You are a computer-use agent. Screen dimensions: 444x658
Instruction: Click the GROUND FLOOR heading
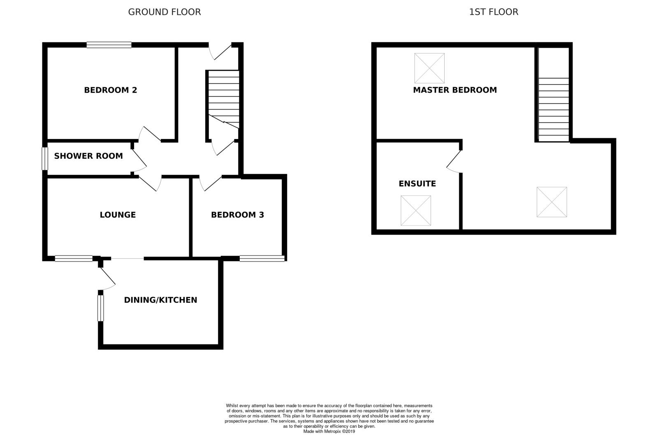tap(164, 12)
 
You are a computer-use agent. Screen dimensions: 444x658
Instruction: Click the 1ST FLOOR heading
tap(493, 12)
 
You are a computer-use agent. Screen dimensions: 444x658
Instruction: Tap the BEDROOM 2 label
tap(110, 90)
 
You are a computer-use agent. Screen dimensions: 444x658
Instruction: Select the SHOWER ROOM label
tap(88, 156)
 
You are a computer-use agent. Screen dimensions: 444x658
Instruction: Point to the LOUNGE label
tap(118, 215)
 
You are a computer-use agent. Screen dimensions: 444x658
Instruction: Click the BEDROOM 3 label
tap(237, 215)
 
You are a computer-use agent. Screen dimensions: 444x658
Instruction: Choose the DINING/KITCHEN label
tap(160, 300)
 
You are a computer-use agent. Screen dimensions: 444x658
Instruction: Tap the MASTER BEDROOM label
tap(455, 90)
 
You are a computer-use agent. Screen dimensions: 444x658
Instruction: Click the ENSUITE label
tap(417, 184)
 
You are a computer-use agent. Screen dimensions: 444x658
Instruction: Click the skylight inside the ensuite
tap(416, 211)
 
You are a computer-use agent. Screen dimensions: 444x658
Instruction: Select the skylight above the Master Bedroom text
tap(429, 68)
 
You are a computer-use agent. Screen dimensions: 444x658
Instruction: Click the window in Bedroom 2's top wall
tap(109, 45)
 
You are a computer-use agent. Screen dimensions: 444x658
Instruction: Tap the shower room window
tap(45, 159)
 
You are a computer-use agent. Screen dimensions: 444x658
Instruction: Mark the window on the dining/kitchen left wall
tap(100, 308)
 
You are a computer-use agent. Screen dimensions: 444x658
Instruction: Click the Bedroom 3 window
tap(262, 258)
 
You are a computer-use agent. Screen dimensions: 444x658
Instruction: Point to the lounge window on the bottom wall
tap(74, 258)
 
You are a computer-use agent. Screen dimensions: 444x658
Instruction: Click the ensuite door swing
tap(454, 162)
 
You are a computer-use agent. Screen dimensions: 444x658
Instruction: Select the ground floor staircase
tap(223, 99)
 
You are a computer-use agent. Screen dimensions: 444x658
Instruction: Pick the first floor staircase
tap(554, 109)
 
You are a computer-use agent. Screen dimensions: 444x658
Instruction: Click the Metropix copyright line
tap(329, 432)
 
